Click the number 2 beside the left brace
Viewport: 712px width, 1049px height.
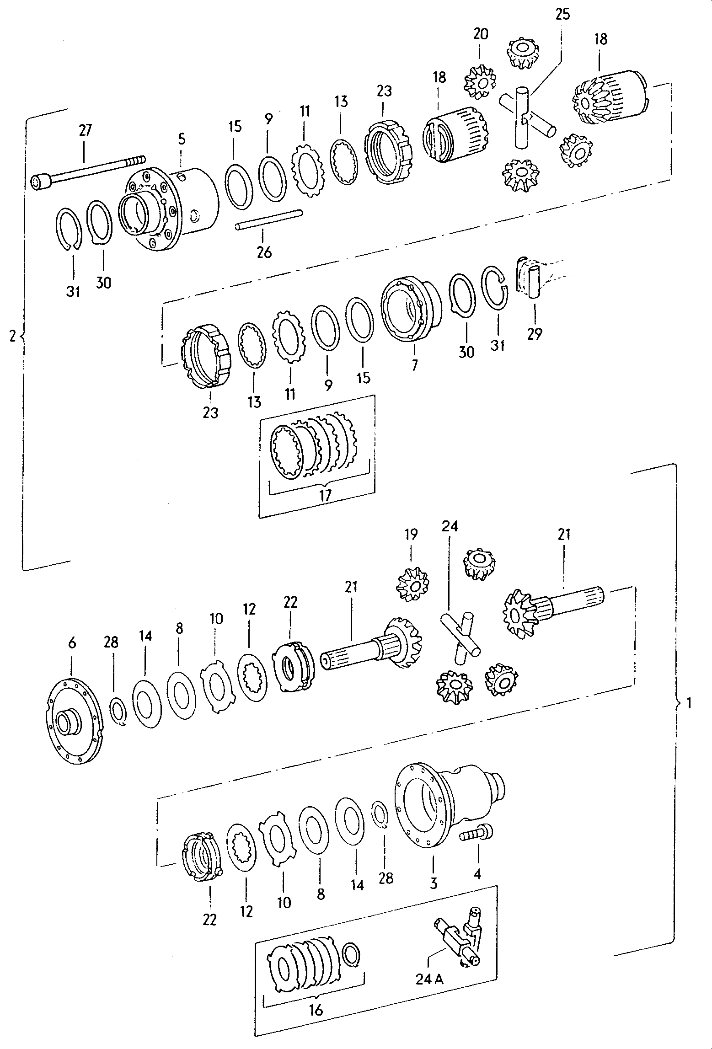click(x=12, y=336)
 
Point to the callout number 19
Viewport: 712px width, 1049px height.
click(x=411, y=535)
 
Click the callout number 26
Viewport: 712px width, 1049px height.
click(x=264, y=252)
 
